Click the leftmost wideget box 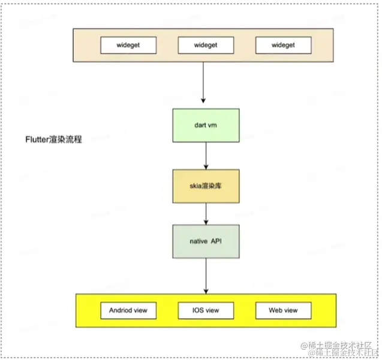pos(128,46)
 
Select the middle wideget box pos(206,46)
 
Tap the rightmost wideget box pos(284,46)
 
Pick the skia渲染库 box pos(206,186)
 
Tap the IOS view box pos(206,311)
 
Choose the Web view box pos(284,311)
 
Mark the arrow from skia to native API pos(206,213)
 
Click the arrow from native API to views pos(206,276)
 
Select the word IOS pos(197,311)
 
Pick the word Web pos(276,311)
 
